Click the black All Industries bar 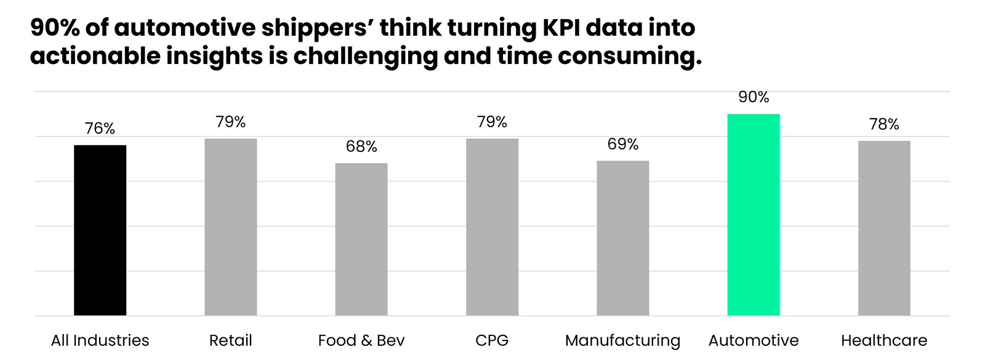click(x=100, y=230)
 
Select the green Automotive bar click(x=753, y=215)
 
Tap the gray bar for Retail click(x=230, y=227)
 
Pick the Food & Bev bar click(x=361, y=239)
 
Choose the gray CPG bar click(x=492, y=227)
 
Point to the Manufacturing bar click(x=622, y=238)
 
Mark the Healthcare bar click(x=884, y=228)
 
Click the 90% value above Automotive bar click(x=754, y=97)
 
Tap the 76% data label click(x=100, y=129)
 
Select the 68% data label click(x=361, y=146)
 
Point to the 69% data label click(x=622, y=144)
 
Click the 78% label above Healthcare click(x=884, y=124)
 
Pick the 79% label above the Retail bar click(x=230, y=122)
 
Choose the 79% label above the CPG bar click(x=492, y=122)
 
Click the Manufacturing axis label click(x=622, y=340)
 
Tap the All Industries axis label click(x=100, y=340)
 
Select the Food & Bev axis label click(x=361, y=340)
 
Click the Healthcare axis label click(x=884, y=340)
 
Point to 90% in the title click(x=54, y=28)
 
